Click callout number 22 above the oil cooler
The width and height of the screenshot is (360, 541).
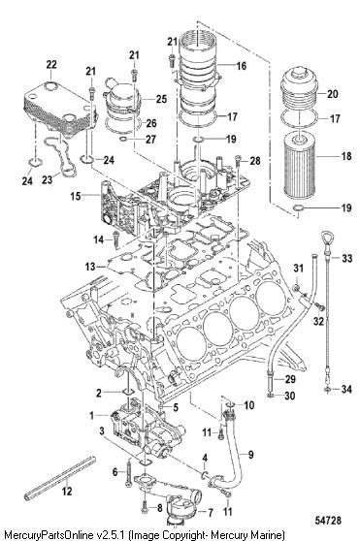click(x=51, y=65)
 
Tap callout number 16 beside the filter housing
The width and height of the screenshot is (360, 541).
click(x=242, y=65)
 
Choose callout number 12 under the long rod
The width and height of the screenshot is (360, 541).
click(x=67, y=491)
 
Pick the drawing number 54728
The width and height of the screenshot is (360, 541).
click(x=328, y=521)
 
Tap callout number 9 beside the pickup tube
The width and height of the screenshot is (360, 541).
click(x=251, y=455)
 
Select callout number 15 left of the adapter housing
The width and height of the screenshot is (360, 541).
click(x=76, y=196)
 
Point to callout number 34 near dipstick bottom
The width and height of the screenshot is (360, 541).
click(x=346, y=389)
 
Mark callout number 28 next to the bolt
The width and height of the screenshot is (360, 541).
click(x=255, y=160)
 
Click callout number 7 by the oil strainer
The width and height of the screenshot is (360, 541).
click(x=210, y=513)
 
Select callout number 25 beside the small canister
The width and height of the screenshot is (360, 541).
click(x=161, y=99)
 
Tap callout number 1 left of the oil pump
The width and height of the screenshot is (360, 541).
click(x=92, y=415)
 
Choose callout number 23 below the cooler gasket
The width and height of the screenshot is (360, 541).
click(x=48, y=179)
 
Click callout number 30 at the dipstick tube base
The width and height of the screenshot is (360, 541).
click(x=289, y=396)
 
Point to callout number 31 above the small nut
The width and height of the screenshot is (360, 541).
click(x=298, y=268)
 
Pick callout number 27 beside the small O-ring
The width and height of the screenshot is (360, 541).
click(x=150, y=140)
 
